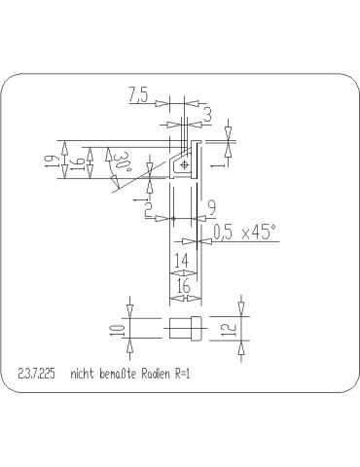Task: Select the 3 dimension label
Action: [207, 115]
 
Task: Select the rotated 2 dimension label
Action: [148, 207]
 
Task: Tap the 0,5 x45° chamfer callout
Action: [243, 231]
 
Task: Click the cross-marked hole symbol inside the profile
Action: [183, 166]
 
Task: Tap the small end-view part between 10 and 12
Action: [185, 329]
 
